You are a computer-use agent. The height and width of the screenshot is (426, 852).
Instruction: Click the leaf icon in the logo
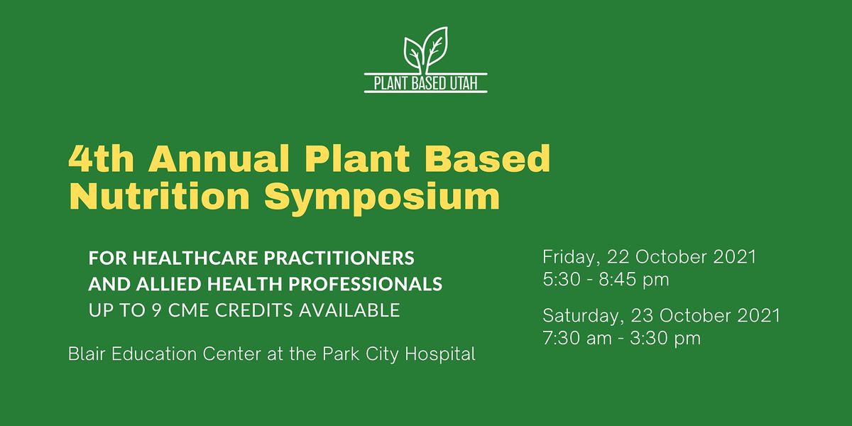pos(425,50)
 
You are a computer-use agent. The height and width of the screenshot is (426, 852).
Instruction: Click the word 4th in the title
pos(101,158)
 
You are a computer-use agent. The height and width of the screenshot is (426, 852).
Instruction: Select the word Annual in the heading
pos(219,158)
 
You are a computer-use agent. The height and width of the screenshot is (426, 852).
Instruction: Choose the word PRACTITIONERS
pos(339,258)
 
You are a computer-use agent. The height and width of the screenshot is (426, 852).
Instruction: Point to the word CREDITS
pos(254,310)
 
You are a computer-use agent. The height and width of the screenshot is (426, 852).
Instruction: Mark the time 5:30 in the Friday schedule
pos(562,280)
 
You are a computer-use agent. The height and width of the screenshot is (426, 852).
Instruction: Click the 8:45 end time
pos(618,280)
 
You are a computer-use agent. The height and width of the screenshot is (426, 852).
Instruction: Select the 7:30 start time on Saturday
pos(562,338)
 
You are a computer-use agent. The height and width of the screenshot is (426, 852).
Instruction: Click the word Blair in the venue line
pos(87,354)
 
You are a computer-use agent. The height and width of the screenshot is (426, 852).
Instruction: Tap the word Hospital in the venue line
pos(440,355)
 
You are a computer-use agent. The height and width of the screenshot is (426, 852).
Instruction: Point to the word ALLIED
pos(168,284)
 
